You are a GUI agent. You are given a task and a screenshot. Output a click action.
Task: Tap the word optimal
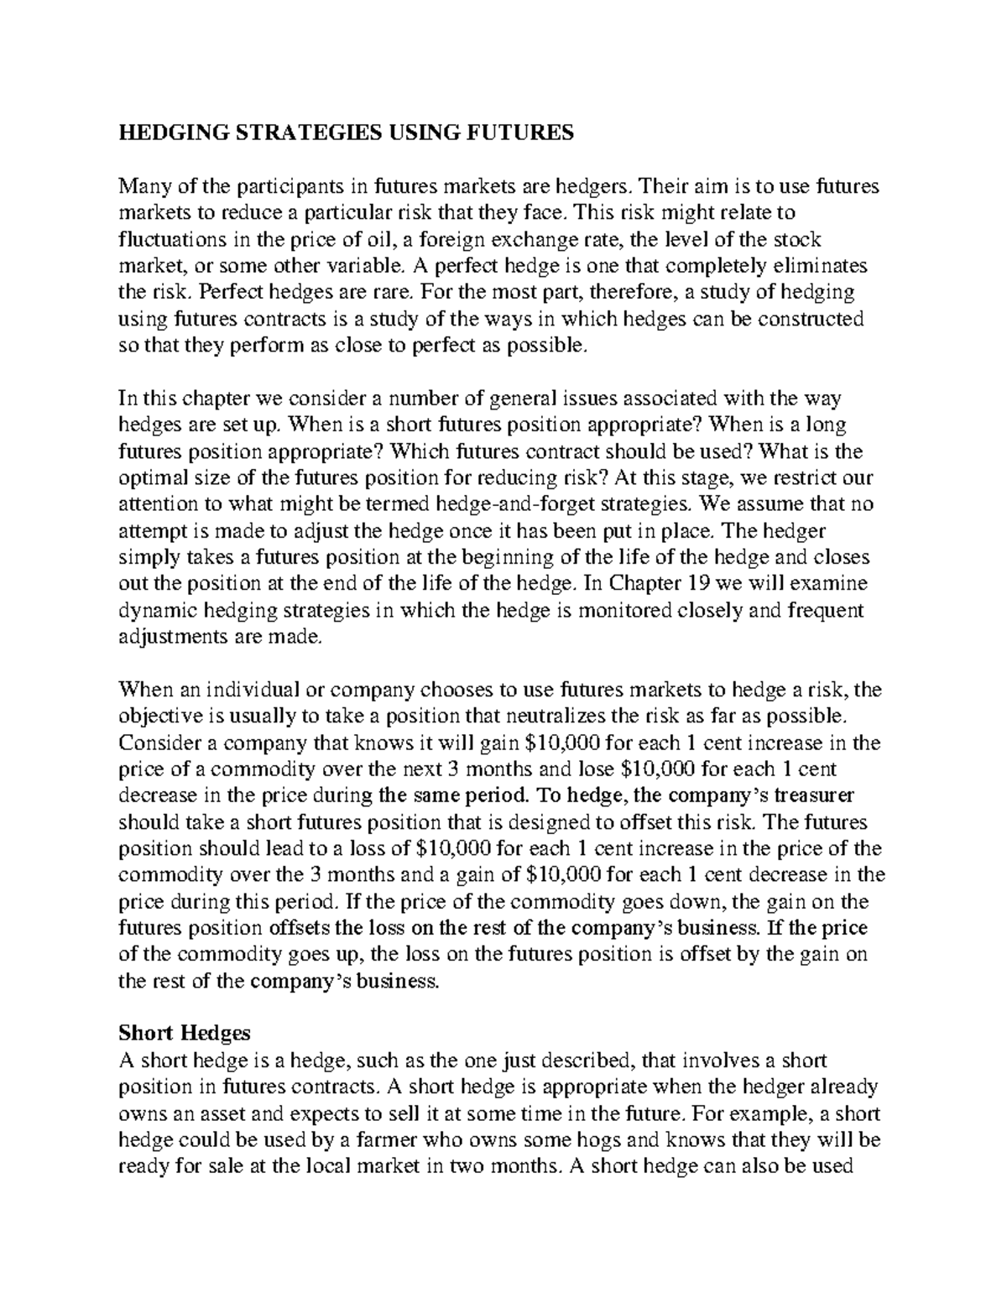click(153, 478)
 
